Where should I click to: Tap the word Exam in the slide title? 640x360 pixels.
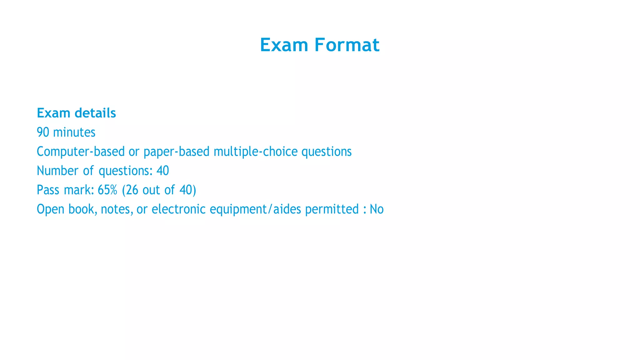[x=284, y=45]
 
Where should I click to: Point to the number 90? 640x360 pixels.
[x=43, y=132]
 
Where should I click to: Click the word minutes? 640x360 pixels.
[x=74, y=132]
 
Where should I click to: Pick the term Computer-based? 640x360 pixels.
[x=81, y=152]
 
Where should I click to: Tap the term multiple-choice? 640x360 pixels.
[x=256, y=152]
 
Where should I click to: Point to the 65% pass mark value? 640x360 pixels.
[x=107, y=190]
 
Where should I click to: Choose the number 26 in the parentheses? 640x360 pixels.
[x=132, y=190]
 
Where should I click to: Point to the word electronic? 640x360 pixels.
[x=178, y=209]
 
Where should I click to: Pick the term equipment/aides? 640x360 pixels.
[x=255, y=209]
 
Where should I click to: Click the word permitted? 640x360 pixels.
[x=332, y=209]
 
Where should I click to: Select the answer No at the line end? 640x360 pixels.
[x=377, y=209]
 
